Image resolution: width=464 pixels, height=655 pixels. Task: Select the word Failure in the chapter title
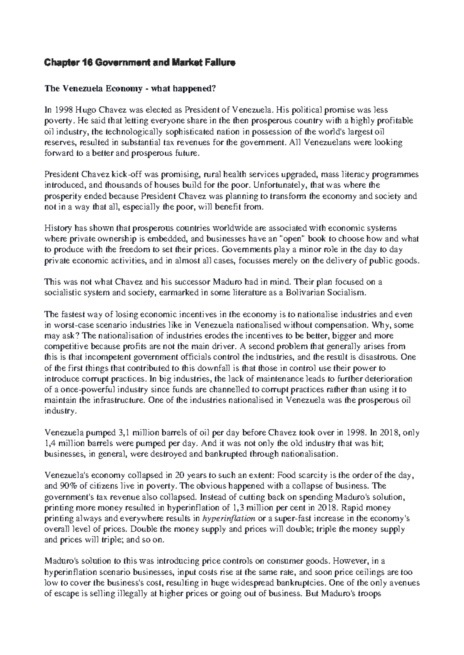tap(219, 63)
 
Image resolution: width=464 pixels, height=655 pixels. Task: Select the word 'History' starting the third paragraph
tap(58, 228)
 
